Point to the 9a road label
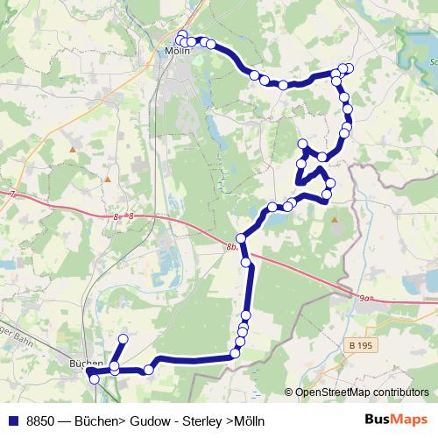click(x=365, y=298)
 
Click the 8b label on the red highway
click(x=230, y=248)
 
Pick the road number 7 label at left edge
click(x=13, y=194)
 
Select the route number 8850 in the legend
click(x=42, y=420)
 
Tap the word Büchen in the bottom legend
click(x=96, y=420)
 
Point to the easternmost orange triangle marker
click(x=334, y=220)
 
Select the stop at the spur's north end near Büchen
click(x=123, y=338)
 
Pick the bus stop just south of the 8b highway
click(x=246, y=262)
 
